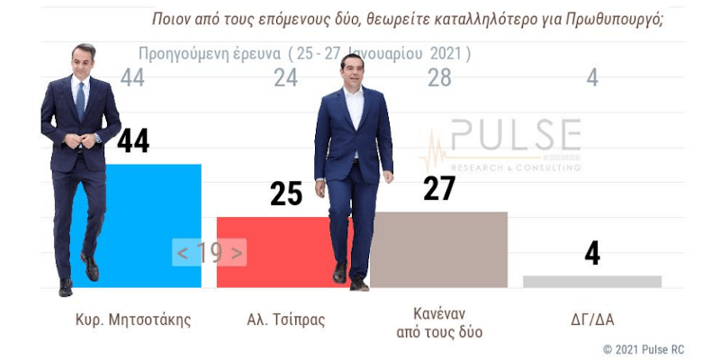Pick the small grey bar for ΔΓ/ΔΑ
[x=591, y=282]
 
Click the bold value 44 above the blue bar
[x=133, y=140]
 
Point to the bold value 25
[x=286, y=193]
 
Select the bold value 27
[x=439, y=188]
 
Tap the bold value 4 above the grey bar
[x=591, y=253]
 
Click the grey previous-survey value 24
[x=285, y=79]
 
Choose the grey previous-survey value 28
[x=439, y=79]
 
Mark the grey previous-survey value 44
[x=132, y=79]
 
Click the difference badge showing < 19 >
[x=209, y=253]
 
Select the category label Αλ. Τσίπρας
[x=285, y=319]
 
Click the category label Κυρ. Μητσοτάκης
[x=133, y=319]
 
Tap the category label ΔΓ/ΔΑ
[x=591, y=319]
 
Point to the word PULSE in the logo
[x=515, y=138]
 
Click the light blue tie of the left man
[x=80, y=99]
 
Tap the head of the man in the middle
[x=352, y=69]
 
